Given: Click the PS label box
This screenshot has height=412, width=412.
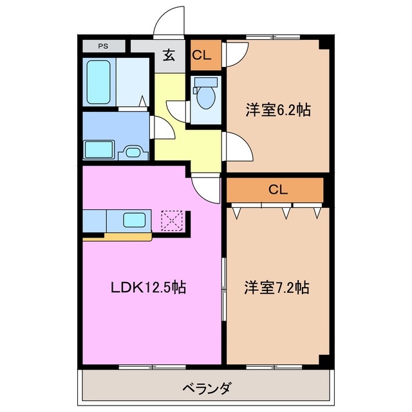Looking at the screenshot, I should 103,46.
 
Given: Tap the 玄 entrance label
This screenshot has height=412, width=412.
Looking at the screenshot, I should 169,55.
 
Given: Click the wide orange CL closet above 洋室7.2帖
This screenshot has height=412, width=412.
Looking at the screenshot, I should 275,190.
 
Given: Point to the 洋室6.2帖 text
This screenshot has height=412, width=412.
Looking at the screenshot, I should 277,110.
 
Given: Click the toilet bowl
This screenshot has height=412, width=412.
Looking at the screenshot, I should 206,96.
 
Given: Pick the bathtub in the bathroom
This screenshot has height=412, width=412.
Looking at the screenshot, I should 100,82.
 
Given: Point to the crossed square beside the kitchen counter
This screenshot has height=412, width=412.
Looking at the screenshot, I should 173,220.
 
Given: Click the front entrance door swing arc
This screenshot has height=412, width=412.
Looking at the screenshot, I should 169,19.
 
